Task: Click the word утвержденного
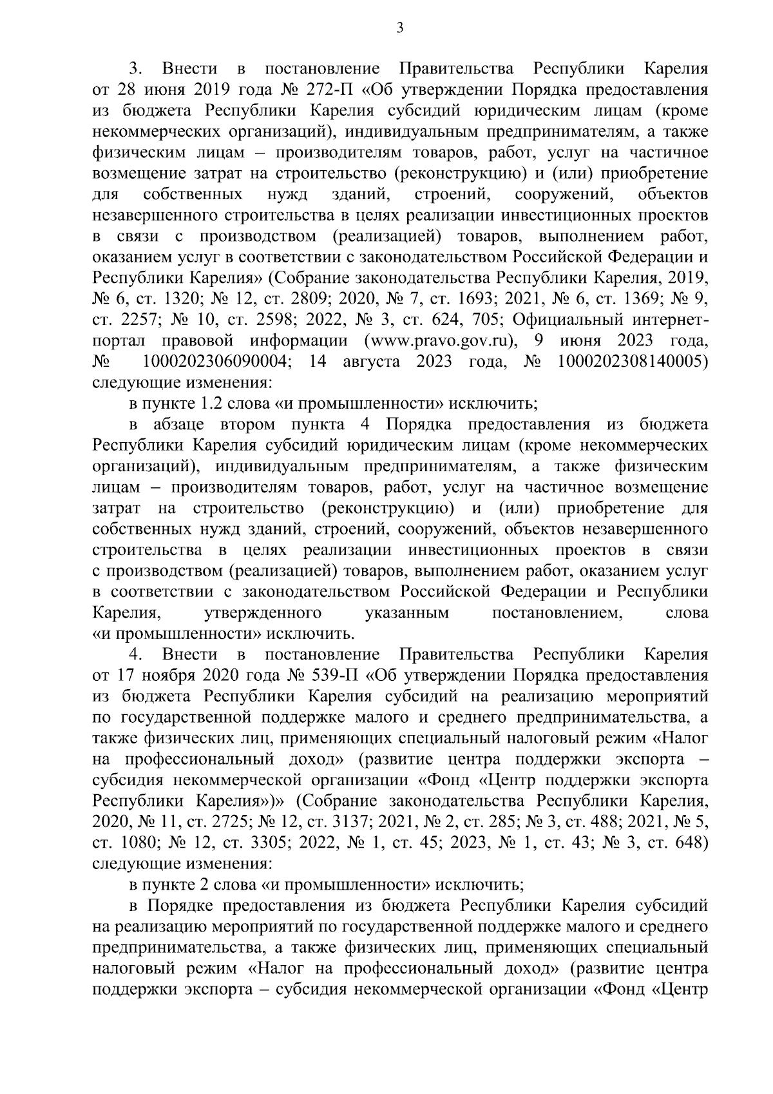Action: (x=263, y=613)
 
